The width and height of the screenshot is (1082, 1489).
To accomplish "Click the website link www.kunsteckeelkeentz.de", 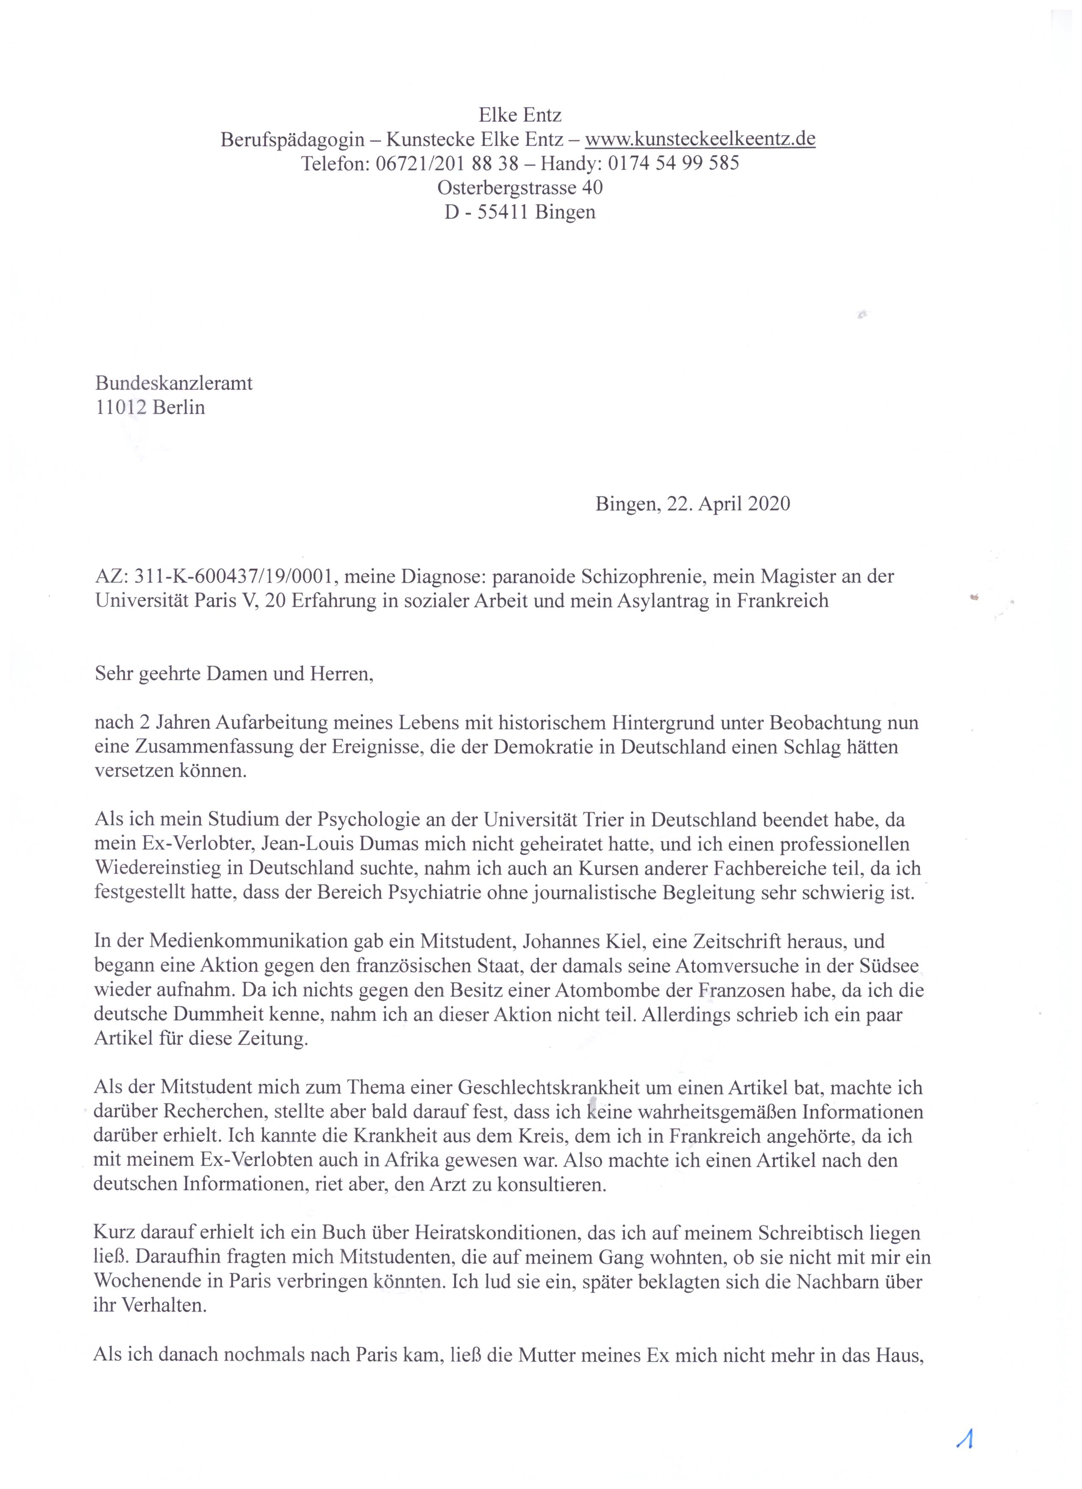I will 700,139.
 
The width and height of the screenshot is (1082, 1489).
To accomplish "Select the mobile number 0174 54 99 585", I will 673,163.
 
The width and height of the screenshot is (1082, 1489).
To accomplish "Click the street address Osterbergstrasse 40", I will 520,188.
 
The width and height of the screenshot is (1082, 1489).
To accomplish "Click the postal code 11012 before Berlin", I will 121,408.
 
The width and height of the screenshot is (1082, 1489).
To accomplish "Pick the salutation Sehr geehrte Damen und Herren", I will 234,674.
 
